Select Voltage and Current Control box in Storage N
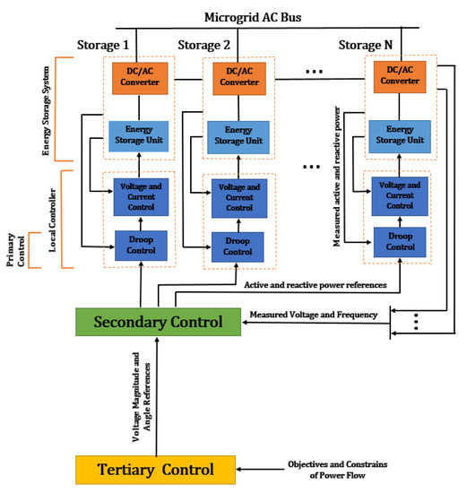[396, 195]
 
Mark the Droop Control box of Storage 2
[238, 245]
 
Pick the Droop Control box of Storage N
[396, 241]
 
